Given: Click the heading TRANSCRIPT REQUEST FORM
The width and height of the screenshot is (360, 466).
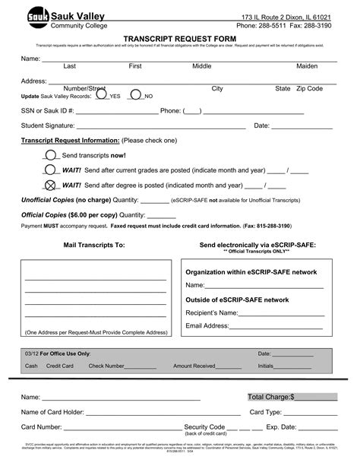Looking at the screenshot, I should (x=179, y=36).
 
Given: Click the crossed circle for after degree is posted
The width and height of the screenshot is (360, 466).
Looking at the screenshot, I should (x=51, y=184).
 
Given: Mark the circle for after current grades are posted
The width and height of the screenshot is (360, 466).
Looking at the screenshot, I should (x=51, y=170).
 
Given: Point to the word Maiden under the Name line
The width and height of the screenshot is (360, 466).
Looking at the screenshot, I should (x=306, y=66).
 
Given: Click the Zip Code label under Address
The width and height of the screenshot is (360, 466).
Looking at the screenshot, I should (x=309, y=89).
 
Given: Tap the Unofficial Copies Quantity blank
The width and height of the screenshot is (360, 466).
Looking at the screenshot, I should (x=155, y=201).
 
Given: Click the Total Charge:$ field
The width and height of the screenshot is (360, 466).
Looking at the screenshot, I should (x=292, y=397).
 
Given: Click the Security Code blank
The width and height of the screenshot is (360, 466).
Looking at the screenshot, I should (x=237, y=427).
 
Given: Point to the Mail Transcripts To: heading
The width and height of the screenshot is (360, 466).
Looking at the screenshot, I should (x=93, y=246).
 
